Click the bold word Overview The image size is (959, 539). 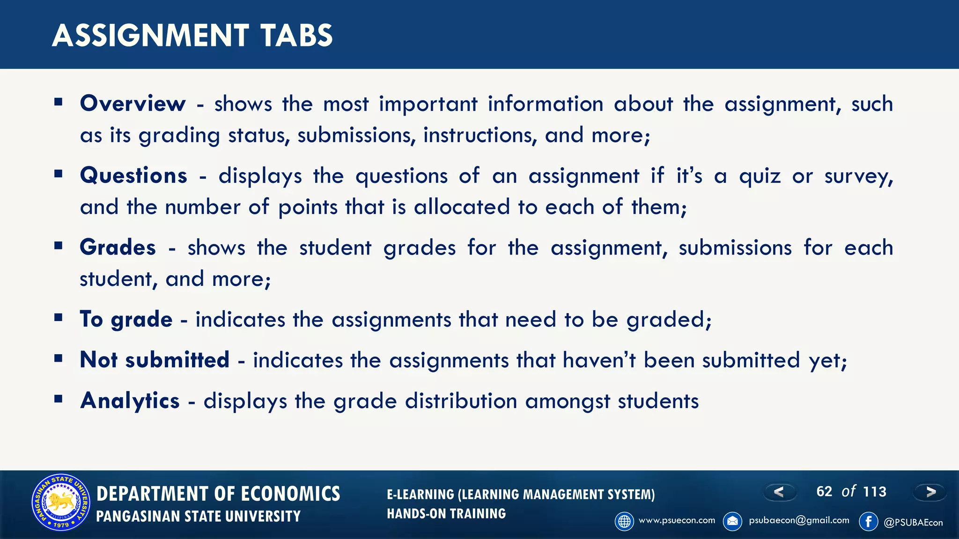[x=133, y=103]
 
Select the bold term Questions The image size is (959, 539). [x=133, y=175]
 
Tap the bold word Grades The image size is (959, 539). [x=118, y=247]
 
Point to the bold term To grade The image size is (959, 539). [x=126, y=319]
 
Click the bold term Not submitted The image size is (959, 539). [x=155, y=360]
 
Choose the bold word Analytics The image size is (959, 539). [x=130, y=401]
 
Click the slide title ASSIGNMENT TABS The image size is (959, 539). [x=192, y=36]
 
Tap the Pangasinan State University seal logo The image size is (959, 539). [x=60, y=502]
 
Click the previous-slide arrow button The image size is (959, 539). [x=779, y=492]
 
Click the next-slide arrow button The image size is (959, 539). [x=930, y=492]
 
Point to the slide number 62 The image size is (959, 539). [x=824, y=491]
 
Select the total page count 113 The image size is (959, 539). [x=874, y=491]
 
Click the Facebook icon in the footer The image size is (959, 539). [x=868, y=521]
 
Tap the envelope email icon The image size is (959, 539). [x=732, y=521]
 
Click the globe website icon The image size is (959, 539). [x=624, y=521]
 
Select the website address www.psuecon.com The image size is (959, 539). [x=677, y=520]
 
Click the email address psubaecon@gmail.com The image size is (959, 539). [x=799, y=520]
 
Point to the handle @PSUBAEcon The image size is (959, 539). [x=913, y=523]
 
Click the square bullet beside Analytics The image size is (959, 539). [x=59, y=399]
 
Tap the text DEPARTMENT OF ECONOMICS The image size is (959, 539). [x=218, y=494]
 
